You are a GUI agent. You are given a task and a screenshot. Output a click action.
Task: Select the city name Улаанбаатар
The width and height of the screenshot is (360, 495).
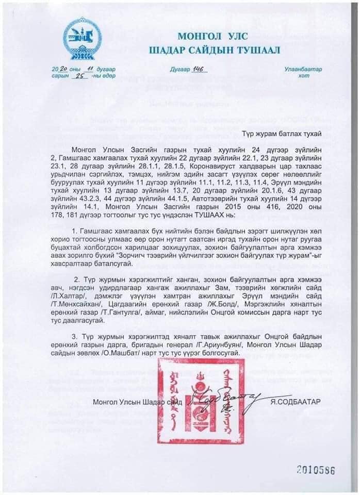(x=302, y=69)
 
